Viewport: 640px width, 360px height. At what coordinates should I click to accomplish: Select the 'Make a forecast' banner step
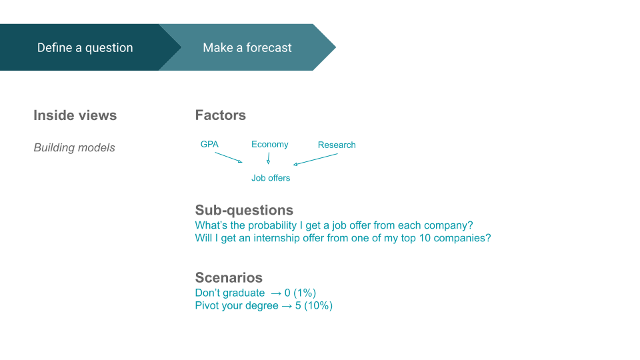[x=247, y=47]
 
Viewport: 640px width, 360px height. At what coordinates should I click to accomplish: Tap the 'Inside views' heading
[x=75, y=115]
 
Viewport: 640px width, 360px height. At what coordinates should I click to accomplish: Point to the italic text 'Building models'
[x=74, y=147]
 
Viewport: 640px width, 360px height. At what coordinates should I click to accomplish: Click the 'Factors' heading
[x=221, y=115]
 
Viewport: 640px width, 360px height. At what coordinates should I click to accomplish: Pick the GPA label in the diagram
[x=209, y=144]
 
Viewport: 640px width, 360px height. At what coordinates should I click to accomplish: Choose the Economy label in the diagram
[x=270, y=144]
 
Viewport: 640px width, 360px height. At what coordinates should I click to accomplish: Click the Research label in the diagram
[x=337, y=145]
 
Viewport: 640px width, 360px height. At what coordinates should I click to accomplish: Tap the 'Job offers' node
[x=271, y=178]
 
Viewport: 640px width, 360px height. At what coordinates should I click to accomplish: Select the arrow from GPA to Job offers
[x=229, y=157]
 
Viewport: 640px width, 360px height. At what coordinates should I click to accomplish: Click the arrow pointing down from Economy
[x=269, y=159]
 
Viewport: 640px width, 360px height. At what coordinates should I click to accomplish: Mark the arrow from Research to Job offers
[x=315, y=159]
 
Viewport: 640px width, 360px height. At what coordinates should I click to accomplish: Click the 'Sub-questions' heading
[x=244, y=210]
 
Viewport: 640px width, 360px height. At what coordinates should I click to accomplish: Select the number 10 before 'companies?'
[x=425, y=238]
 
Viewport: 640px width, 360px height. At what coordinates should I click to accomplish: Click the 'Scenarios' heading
[x=229, y=277]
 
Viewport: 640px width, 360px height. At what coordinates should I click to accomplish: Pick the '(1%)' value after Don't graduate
[x=305, y=293]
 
